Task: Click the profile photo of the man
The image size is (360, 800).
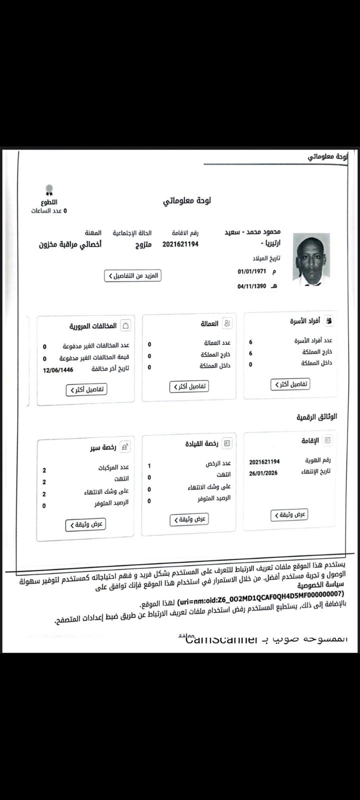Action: click(x=311, y=258)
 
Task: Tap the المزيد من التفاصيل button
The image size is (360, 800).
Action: click(x=133, y=275)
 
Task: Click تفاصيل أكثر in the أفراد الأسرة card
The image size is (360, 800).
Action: click(x=290, y=384)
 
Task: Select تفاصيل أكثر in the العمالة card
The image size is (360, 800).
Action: click(x=188, y=386)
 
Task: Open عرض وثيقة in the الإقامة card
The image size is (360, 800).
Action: click(x=289, y=514)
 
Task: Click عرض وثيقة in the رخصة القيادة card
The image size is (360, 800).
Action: click(x=188, y=519)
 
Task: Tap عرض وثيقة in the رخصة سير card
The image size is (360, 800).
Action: click(x=86, y=524)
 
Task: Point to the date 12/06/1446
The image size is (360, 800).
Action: click(x=58, y=370)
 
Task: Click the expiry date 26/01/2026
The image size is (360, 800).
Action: click(x=263, y=473)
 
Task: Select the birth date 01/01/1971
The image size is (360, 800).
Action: click(x=252, y=271)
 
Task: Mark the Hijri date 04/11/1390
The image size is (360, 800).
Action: click(x=252, y=287)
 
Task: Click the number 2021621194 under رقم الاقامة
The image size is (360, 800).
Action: click(x=180, y=244)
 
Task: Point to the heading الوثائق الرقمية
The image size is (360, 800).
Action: click(x=317, y=416)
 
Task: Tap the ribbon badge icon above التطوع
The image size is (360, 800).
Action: click(x=49, y=190)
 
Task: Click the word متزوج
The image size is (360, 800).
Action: click(x=142, y=245)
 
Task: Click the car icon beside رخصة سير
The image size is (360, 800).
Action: click(x=125, y=447)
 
